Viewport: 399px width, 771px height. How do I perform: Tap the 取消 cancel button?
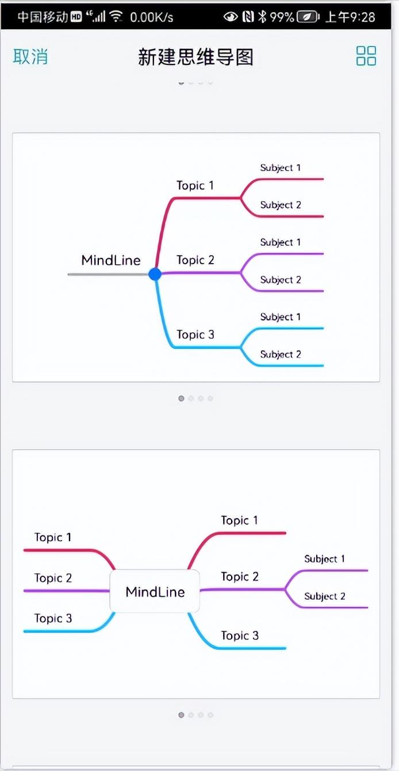tap(30, 57)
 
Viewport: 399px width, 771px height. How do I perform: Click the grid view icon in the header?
tap(366, 56)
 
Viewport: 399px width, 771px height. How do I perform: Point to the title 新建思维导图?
tap(195, 57)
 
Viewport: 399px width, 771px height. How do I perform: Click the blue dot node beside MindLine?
tap(155, 274)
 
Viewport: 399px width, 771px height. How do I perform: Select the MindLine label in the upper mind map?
tap(111, 260)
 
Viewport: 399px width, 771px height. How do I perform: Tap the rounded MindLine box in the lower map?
tap(155, 592)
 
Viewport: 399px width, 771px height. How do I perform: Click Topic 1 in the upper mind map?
tap(195, 186)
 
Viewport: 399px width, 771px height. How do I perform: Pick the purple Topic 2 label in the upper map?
tap(195, 260)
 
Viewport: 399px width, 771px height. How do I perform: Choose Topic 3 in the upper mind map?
tap(195, 334)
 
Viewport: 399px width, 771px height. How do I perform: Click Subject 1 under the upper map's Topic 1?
tap(280, 168)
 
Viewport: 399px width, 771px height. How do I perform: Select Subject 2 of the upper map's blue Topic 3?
tap(280, 354)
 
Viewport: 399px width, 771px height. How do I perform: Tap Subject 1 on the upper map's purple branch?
tap(280, 242)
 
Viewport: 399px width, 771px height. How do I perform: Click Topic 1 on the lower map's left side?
tap(53, 538)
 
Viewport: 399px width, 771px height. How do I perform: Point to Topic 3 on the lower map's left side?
tap(53, 619)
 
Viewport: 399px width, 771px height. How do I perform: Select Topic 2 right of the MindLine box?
tap(240, 577)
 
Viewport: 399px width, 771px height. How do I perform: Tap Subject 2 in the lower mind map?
tap(325, 596)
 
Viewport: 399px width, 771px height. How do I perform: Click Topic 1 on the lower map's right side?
tap(240, 521)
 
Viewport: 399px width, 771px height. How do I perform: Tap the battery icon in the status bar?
tap(309, 17)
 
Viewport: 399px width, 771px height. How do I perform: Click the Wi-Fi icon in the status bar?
tap(117, 16)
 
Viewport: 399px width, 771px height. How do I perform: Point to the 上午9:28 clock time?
tap(350, 17)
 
